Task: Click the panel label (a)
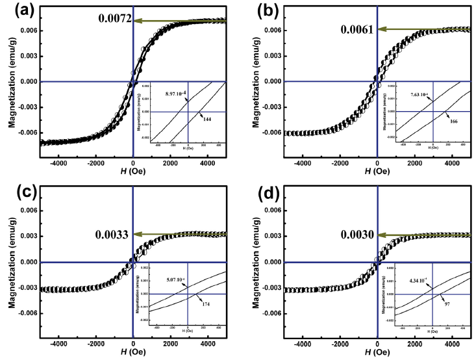(16, 10)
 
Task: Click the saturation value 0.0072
(116, 21)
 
